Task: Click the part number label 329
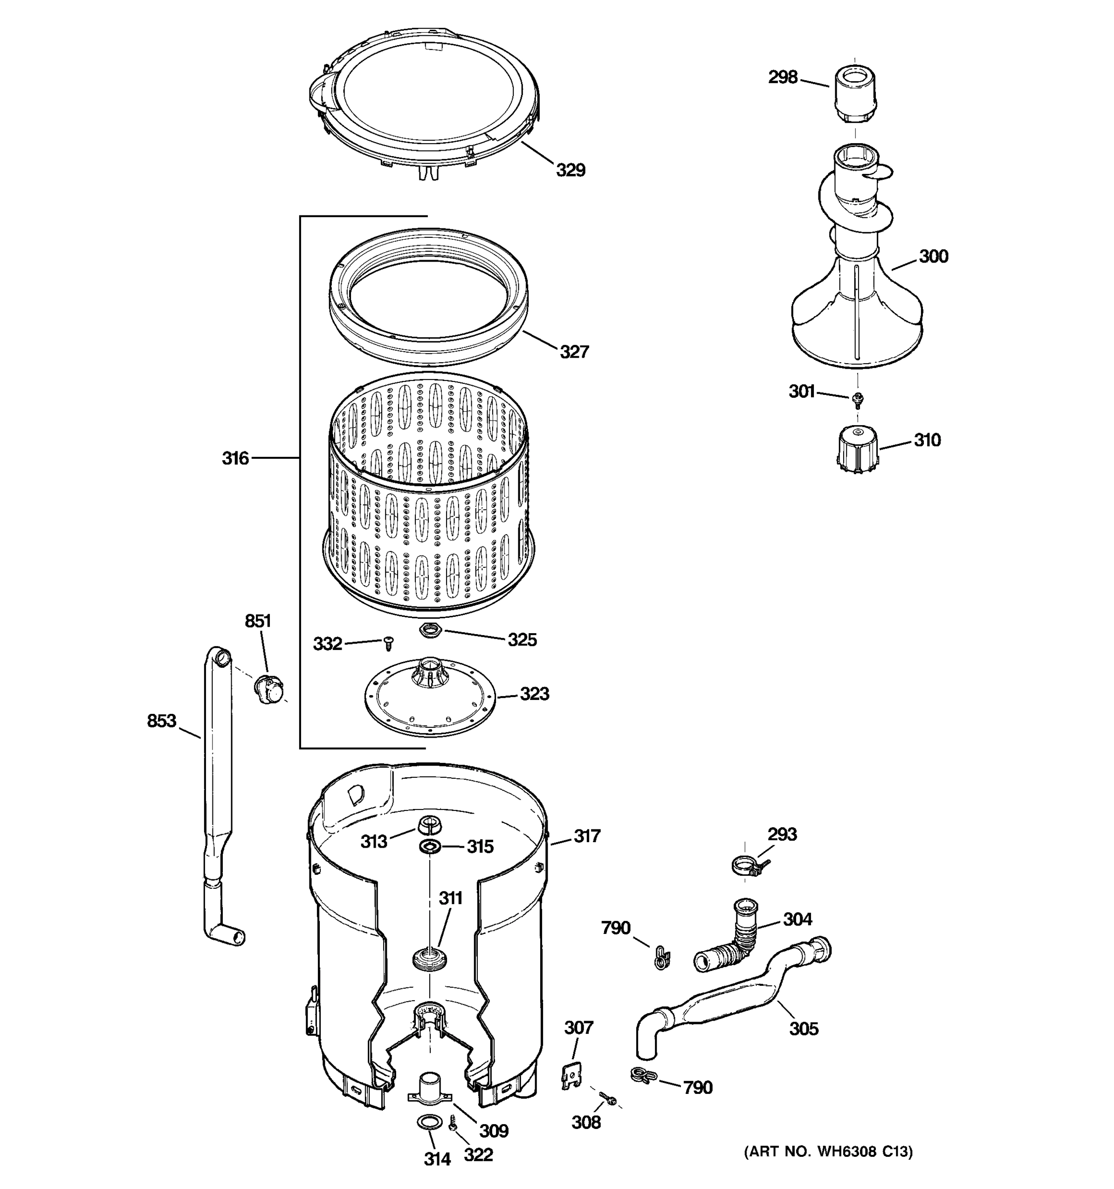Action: tap(570, 170)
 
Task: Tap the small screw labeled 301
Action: tap(858, 398)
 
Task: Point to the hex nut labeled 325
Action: tap(431, 630)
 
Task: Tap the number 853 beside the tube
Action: tap(161, 721)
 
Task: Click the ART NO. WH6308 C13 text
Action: tap(828, 1151)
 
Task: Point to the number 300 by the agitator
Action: tap(933, 256)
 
